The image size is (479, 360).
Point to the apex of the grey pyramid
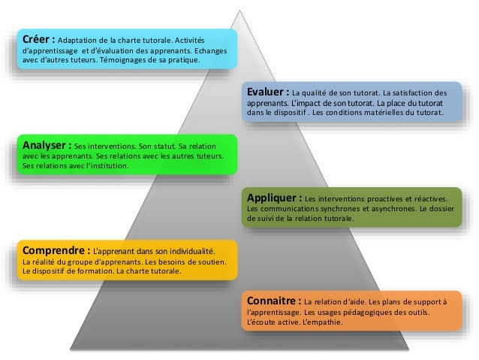click(x=241, y=11)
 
